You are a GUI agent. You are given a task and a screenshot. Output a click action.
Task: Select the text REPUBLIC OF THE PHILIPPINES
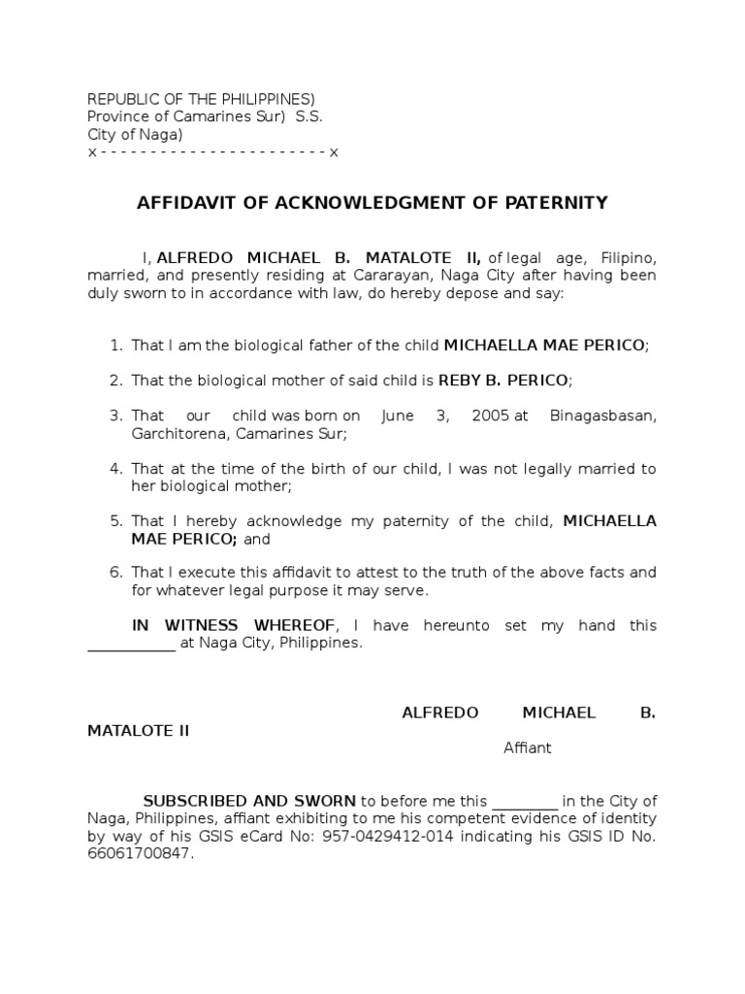[x=201, y=100]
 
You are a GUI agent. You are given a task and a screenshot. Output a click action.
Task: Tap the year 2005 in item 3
[x=491, y=415]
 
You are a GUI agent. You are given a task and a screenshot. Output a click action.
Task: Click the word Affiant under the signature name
[x=527, y=747]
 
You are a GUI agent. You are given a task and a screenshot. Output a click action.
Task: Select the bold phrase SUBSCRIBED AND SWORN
[x=250, y=801]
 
